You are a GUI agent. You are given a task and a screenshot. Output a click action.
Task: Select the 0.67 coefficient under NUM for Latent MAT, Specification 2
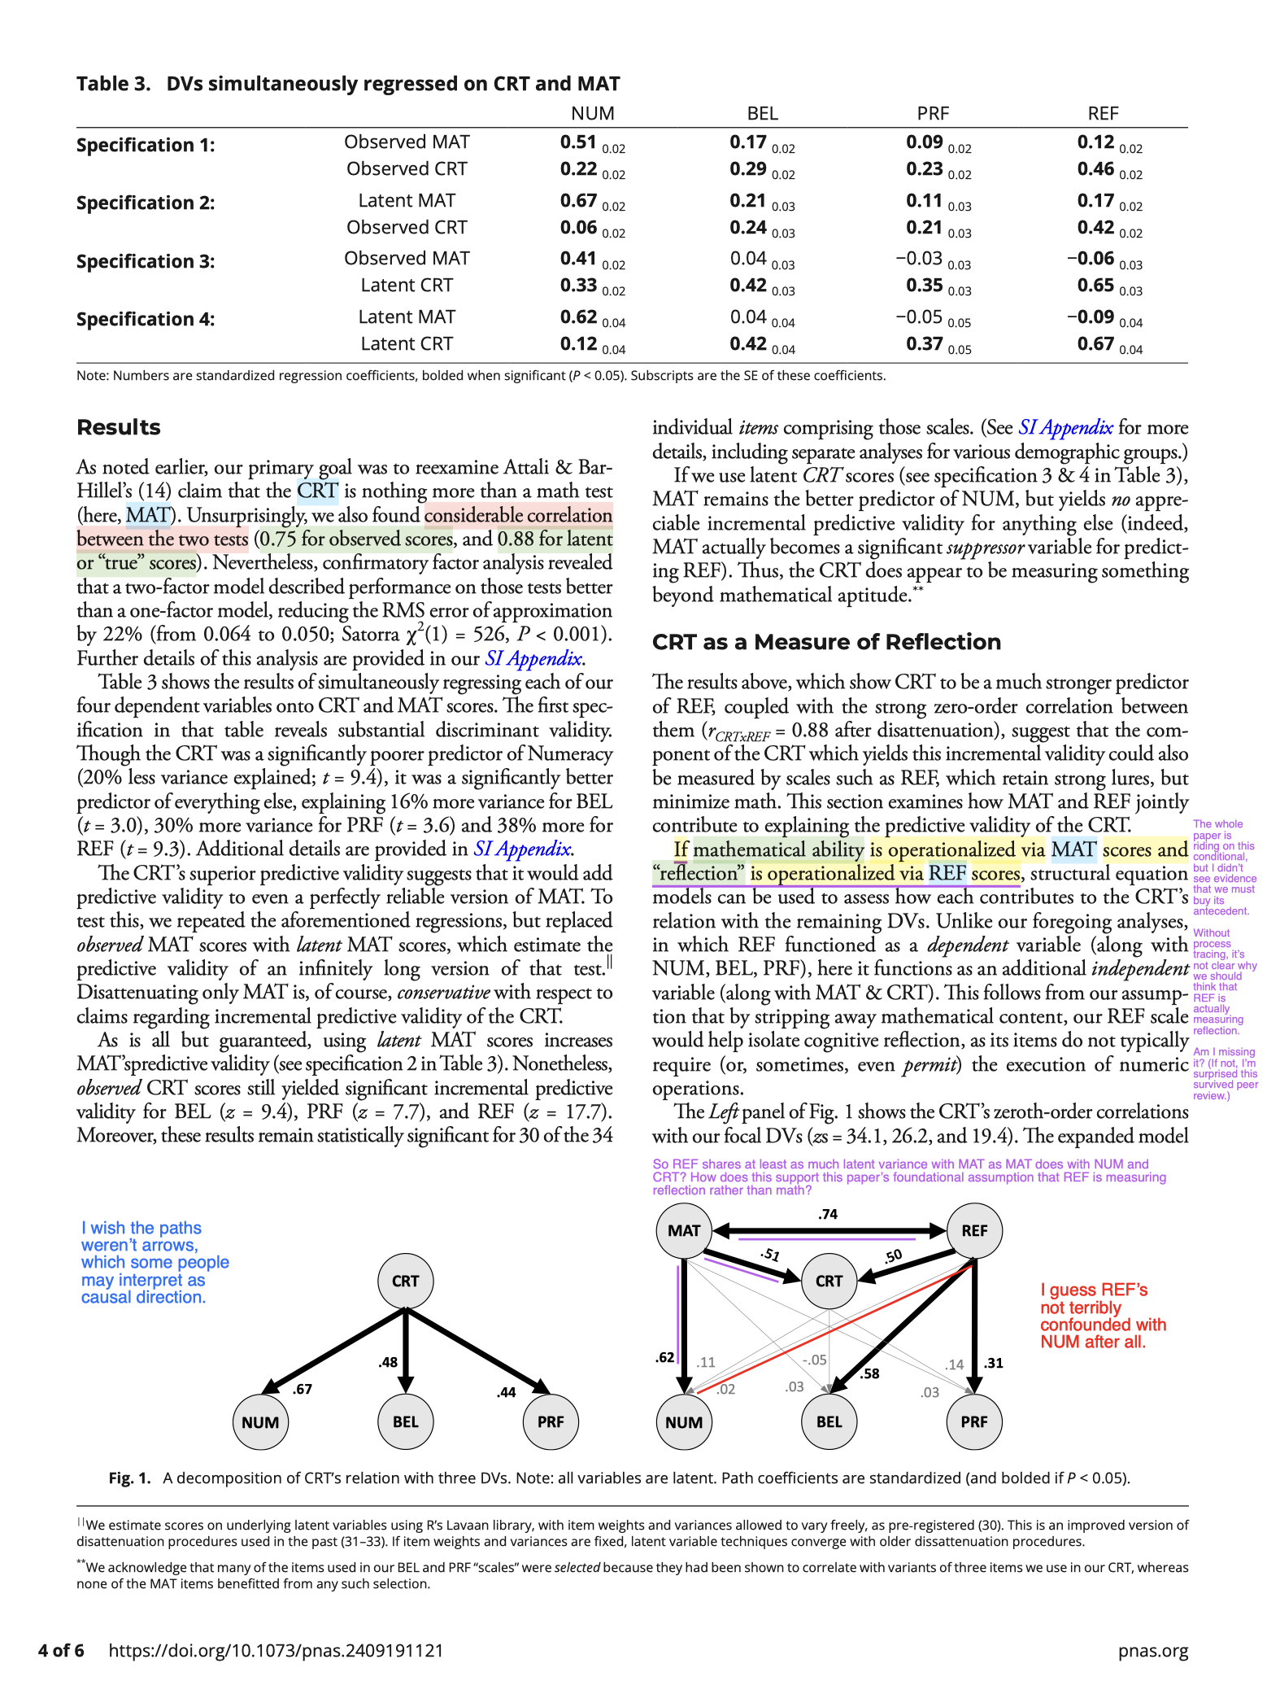tap(578, 200)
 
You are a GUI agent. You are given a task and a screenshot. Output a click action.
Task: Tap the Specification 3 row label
tap(146, 261)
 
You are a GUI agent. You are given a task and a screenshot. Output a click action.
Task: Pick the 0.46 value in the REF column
tap(1095, 168)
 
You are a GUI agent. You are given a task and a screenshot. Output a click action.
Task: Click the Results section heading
tap(119, 427)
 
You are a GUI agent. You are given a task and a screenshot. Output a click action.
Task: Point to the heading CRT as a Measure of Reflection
tap(826, 642)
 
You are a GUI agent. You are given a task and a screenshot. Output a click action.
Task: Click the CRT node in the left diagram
tap(405, 1281)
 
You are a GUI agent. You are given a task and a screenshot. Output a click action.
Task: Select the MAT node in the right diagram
tap(684, 1230)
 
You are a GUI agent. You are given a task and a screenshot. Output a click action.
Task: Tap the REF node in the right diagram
tap(974, 1230)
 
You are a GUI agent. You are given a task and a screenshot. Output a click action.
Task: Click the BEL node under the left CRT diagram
tap(405, 1421)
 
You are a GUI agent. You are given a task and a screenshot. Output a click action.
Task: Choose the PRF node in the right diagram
tap(974, 1421)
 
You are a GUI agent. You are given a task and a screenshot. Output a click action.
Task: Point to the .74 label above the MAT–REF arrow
tap(828, 1214)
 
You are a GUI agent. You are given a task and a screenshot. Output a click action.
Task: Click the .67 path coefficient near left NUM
tap(303, 1389)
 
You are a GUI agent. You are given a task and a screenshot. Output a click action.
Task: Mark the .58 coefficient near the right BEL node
tap(869, 1373)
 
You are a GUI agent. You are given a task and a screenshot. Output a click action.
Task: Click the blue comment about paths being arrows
tap(155, 1262)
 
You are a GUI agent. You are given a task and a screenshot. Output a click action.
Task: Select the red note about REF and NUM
tap(1103, 1316)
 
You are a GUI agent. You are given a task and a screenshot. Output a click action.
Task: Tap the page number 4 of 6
tap(61, 1650)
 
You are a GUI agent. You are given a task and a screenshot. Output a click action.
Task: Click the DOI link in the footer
tap(276, 1650)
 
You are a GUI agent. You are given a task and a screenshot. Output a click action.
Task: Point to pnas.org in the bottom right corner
tap(1152, 1650)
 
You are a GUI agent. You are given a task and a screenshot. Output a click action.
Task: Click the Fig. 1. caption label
tap(130, 1478)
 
